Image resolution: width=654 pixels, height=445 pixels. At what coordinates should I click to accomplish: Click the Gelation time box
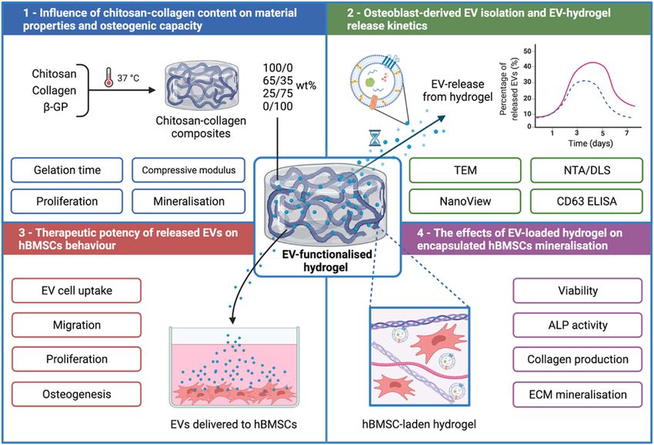[x=67, y=170]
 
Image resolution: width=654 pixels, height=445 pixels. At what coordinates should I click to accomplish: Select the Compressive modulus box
[x=189, y=170]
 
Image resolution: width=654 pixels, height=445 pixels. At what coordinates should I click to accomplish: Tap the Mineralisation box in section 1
[x=189, y=201]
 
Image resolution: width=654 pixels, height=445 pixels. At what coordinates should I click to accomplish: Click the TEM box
[x=465, y=170]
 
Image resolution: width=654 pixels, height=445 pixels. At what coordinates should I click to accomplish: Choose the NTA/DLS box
[x=586, y=170]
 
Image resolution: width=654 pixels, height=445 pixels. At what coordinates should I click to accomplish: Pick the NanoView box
[x=465, y=201]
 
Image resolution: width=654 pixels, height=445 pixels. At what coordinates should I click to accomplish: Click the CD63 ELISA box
[x=586, y=201]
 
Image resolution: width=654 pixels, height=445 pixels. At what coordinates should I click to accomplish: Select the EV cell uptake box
[x=77, y=290]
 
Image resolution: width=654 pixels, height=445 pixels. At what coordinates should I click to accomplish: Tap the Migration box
[x=77, y=325]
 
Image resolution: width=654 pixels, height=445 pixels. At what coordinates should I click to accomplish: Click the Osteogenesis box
[x=77, y=394]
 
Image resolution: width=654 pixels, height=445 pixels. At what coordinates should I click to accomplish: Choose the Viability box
[x=578, y=290]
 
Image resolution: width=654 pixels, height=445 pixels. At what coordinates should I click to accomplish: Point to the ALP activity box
[x=578, y=325]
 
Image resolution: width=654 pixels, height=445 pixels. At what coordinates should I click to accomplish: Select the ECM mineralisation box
[x=578, y=394]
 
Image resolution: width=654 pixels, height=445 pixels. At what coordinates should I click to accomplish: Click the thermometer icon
[x=108, y=78]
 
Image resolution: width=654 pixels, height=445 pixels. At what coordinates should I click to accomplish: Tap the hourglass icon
[x=375, y=138]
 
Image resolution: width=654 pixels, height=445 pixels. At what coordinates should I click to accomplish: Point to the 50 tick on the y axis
[x=527, y=51]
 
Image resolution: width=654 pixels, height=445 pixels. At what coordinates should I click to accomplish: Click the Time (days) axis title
[x=590, y=143]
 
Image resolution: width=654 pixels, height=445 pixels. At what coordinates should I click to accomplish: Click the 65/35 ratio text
[x=278, y=80]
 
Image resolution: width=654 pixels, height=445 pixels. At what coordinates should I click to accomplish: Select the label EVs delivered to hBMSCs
[x=234, y=424]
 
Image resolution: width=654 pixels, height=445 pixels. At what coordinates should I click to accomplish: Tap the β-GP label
[x=55, y=107]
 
